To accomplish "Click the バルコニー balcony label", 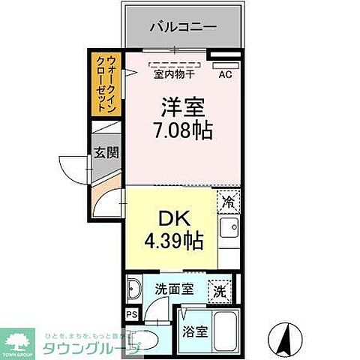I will coord(183,26).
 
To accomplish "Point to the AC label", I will coord(225,73).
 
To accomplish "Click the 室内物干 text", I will coord(175,73).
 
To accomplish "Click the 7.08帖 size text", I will coord(182,130).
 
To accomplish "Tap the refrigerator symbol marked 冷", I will coord(229,202).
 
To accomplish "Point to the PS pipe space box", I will coord(131,315).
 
